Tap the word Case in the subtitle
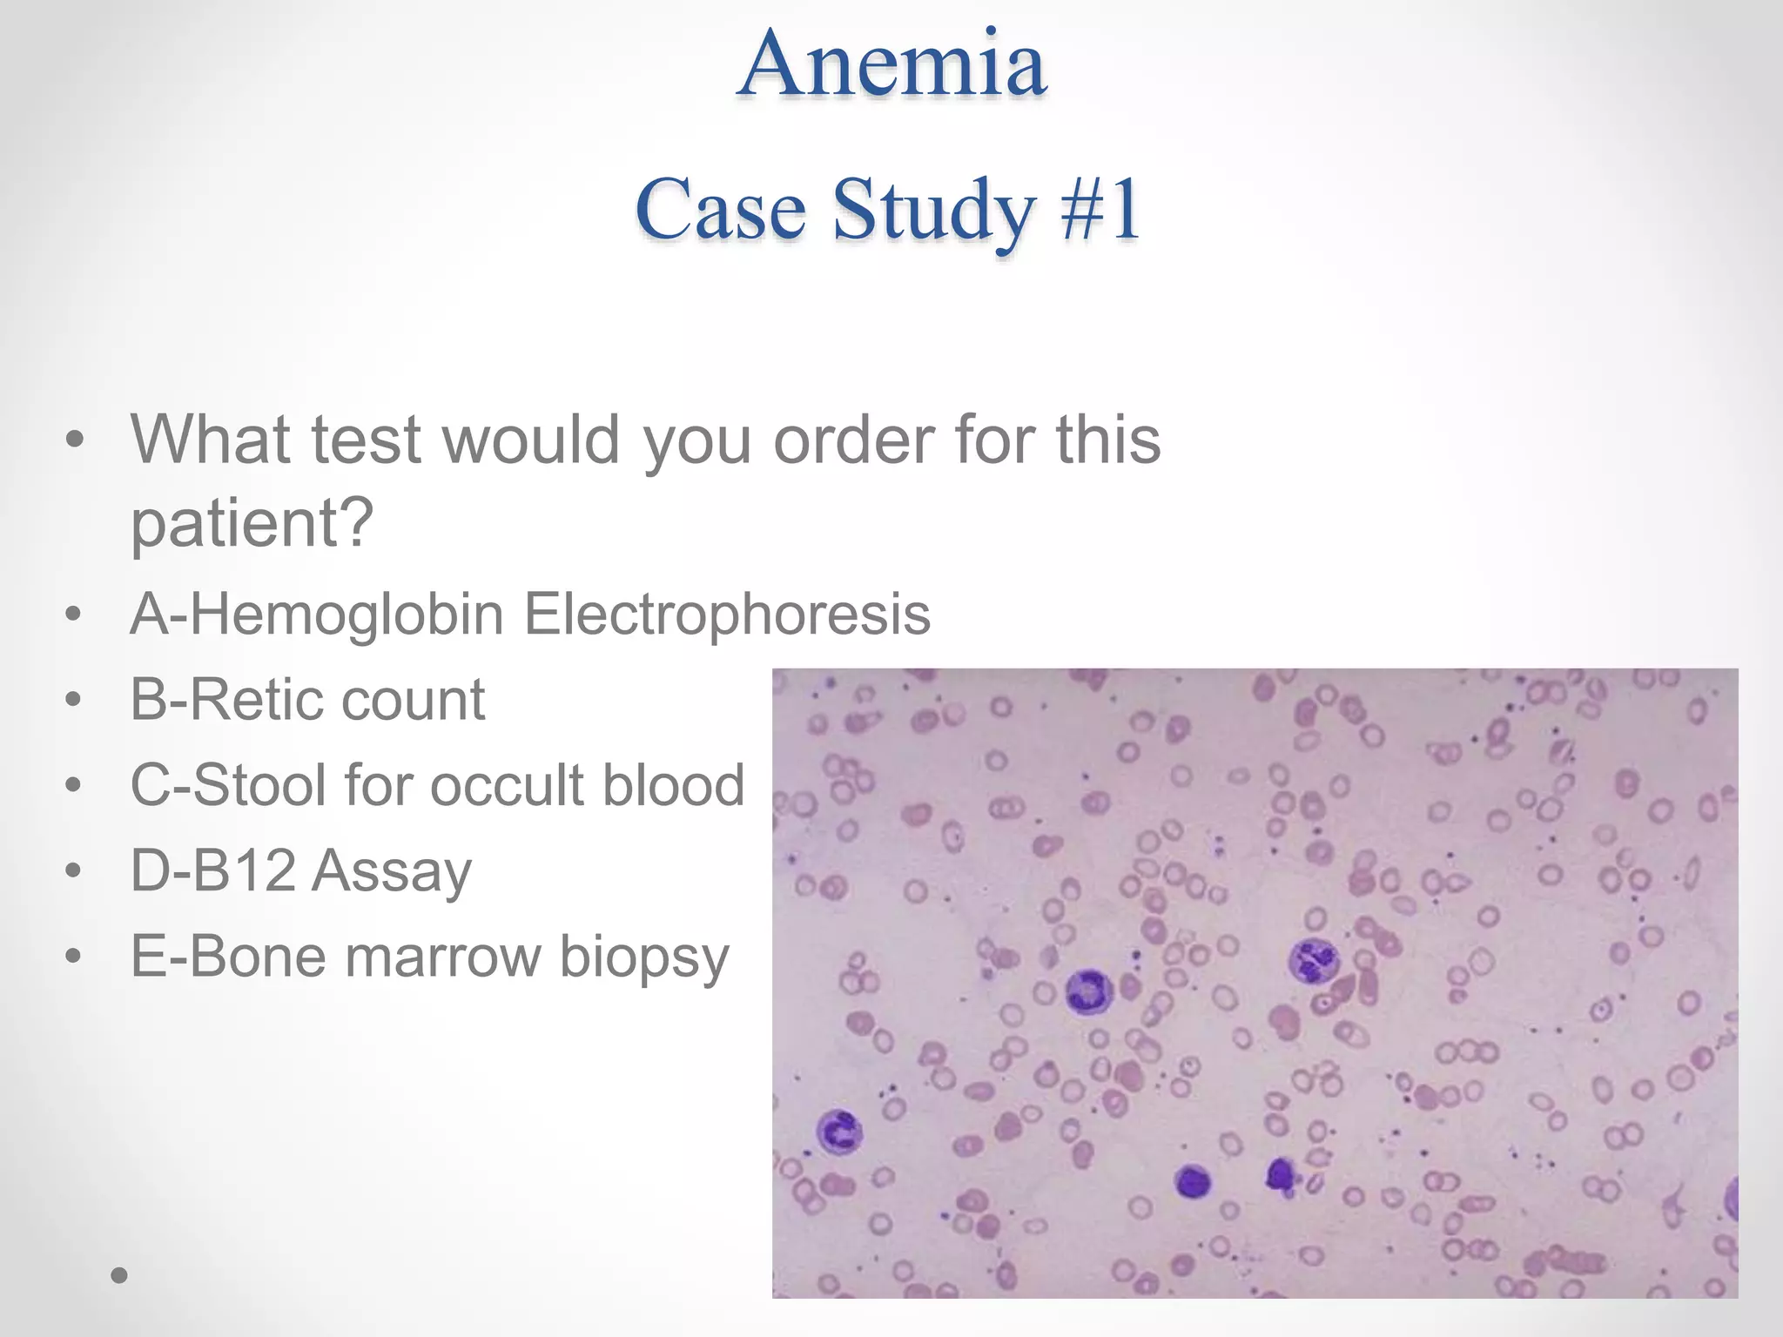(x=721, y=210)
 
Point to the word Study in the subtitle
(x=933, y=212)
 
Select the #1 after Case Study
(x=1100, y=210)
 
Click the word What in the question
(x=210, y=440)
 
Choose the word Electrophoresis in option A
(x=727, y=614)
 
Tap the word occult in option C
(x=506, y=784)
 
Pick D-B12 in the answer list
(x=212, y=870)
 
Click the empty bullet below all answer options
(x=119, y=1276)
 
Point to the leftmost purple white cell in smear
(x=839, y=1132)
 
